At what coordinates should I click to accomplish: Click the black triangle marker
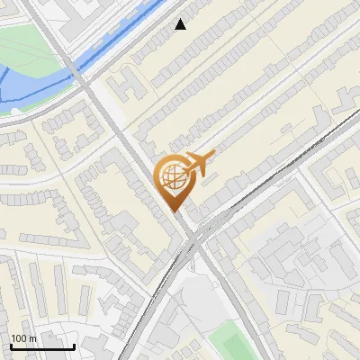[181, 24]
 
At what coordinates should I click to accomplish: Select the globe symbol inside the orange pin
[171, 177]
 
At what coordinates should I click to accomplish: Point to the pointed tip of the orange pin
[174, 211]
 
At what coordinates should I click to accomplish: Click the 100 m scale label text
[23, 338]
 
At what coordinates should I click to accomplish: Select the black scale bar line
[41, 346]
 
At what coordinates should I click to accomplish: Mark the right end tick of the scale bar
[74, 345]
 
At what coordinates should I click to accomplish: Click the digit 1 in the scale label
[13, 338]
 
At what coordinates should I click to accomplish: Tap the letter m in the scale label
[32, 338]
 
